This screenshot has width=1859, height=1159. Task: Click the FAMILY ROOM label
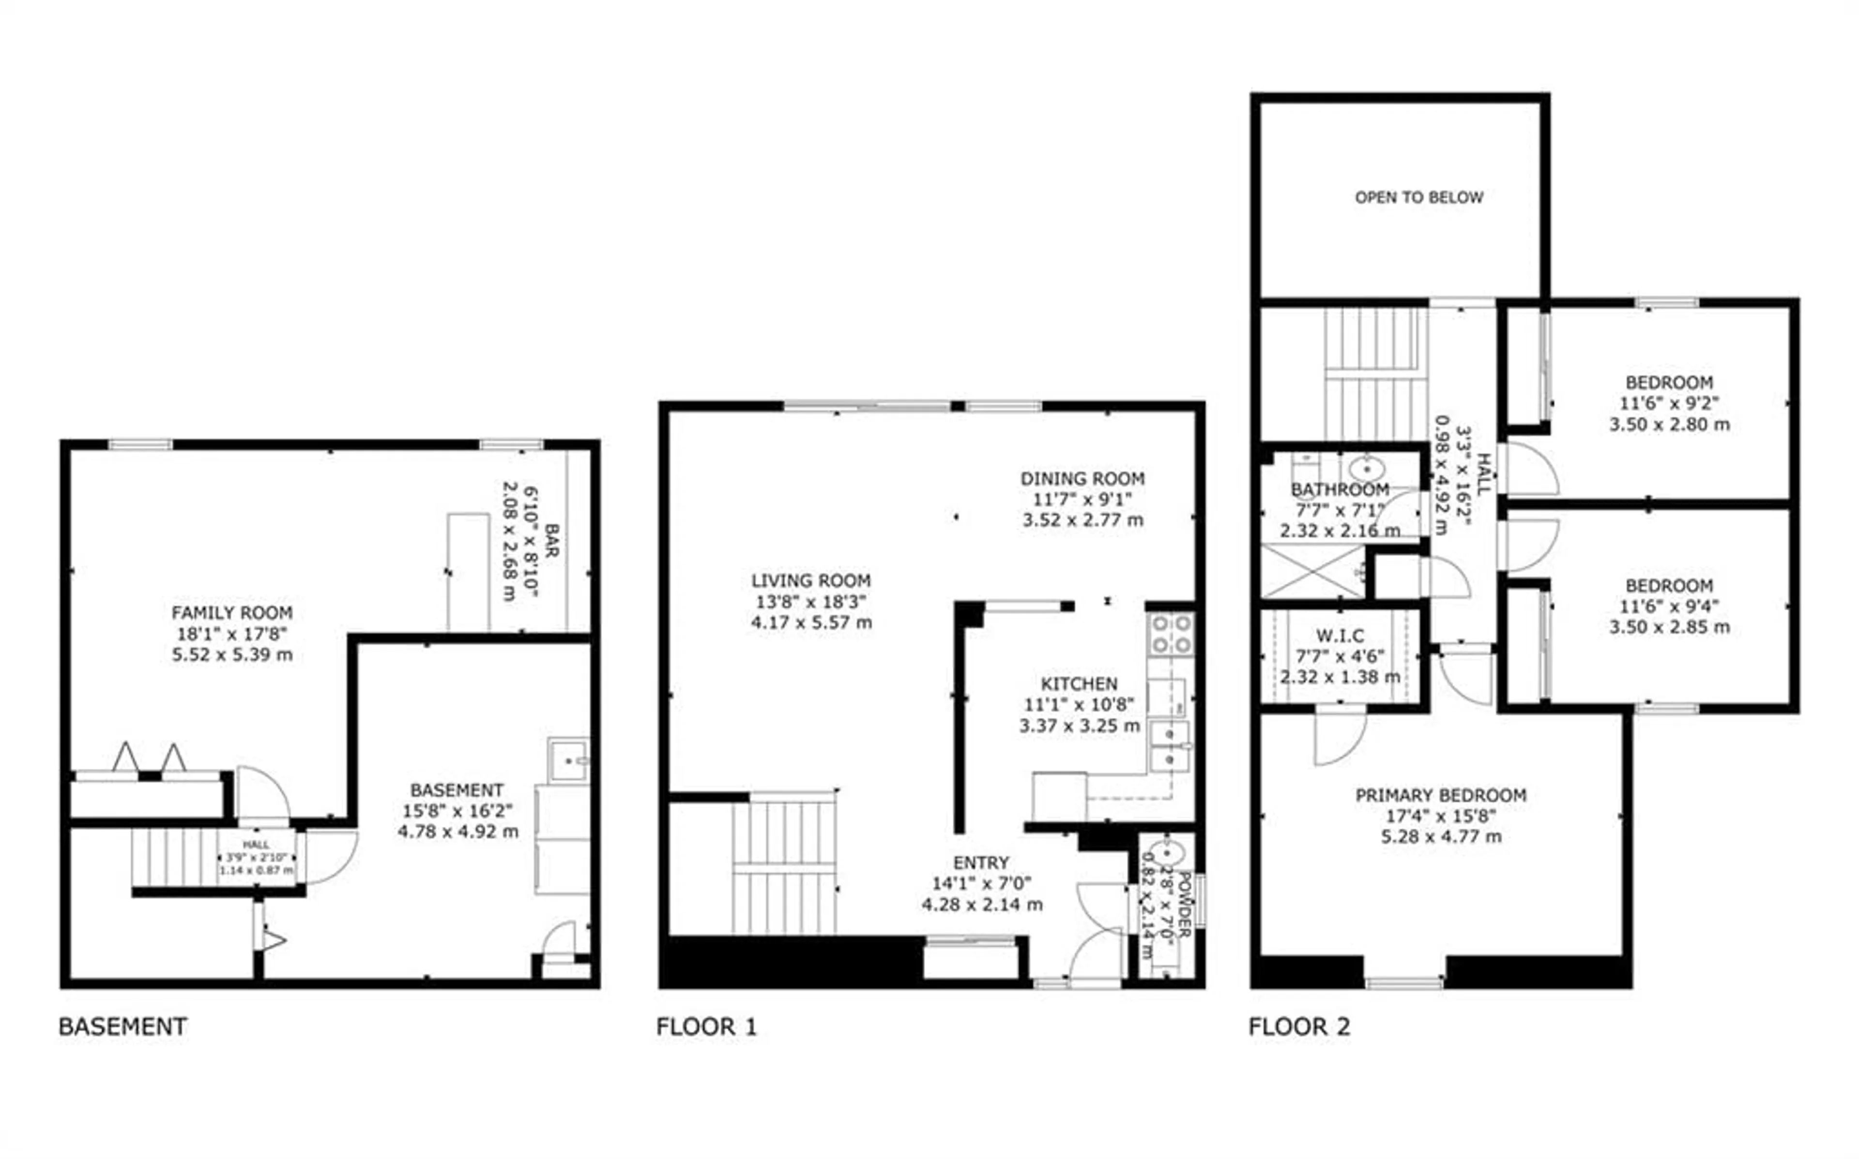[x=231, y=612]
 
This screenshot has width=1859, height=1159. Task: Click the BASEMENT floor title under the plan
[x=122, y=1026]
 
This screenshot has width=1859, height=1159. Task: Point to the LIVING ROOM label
[x=810, y=580]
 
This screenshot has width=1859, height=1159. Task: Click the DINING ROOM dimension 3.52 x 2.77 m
[x=1082, y=520]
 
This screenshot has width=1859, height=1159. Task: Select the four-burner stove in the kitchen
[x=1170, y=634]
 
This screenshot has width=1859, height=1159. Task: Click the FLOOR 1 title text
[x=706, y=1026]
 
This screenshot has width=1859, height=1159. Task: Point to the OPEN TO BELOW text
[x=1419, y=198]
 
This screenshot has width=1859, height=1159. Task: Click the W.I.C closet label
[x=1340, y=636]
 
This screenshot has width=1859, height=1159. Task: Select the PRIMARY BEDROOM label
[x=1440, y=795]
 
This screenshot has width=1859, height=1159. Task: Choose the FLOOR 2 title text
[x=1299, y=1026]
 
